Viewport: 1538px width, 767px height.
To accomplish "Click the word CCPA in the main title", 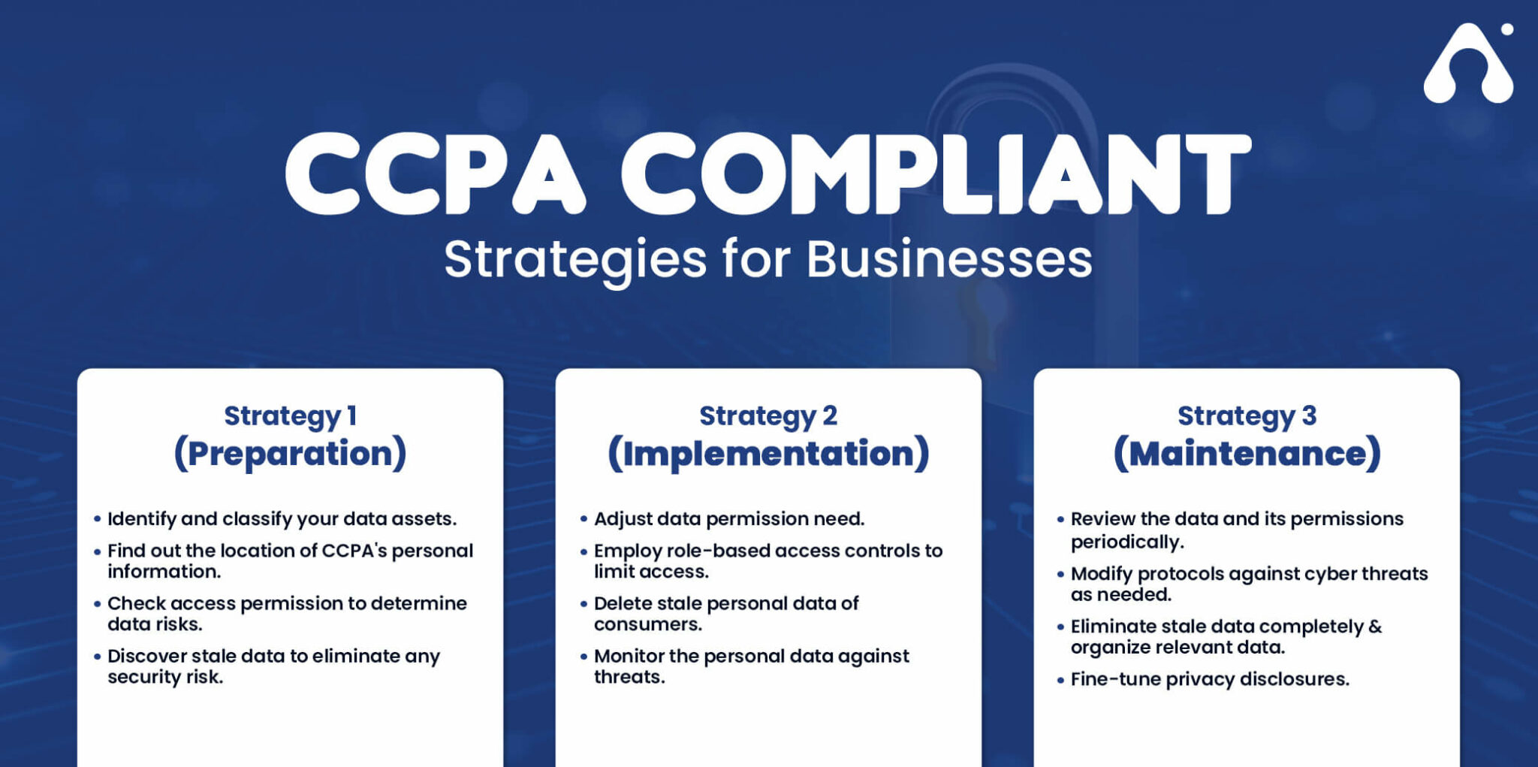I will (434, 174).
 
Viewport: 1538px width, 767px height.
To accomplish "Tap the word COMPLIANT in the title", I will (935, 174).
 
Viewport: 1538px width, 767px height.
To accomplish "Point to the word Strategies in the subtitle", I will (575, 260).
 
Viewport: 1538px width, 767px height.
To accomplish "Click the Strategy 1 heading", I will (290, 415).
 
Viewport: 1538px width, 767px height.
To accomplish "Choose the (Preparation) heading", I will (290, 453).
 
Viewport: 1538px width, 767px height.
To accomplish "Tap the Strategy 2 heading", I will (767, 415).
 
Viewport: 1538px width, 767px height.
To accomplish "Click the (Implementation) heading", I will (767, 453).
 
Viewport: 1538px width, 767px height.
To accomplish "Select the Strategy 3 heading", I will (1247, 415).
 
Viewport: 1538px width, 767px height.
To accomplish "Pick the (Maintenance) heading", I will (1247, 453).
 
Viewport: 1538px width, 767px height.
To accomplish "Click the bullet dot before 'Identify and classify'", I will (97, 519).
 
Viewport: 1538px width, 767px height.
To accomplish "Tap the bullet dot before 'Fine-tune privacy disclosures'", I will (1060, 681).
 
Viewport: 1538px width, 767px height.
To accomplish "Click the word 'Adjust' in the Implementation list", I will (623, 519).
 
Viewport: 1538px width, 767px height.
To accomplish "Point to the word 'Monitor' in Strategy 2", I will (629, 657).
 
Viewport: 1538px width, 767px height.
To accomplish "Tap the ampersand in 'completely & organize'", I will (1375, 627).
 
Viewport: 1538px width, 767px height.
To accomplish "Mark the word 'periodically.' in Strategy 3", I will (1126, 542).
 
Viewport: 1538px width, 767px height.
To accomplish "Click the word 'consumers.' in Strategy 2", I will (647, 624).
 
